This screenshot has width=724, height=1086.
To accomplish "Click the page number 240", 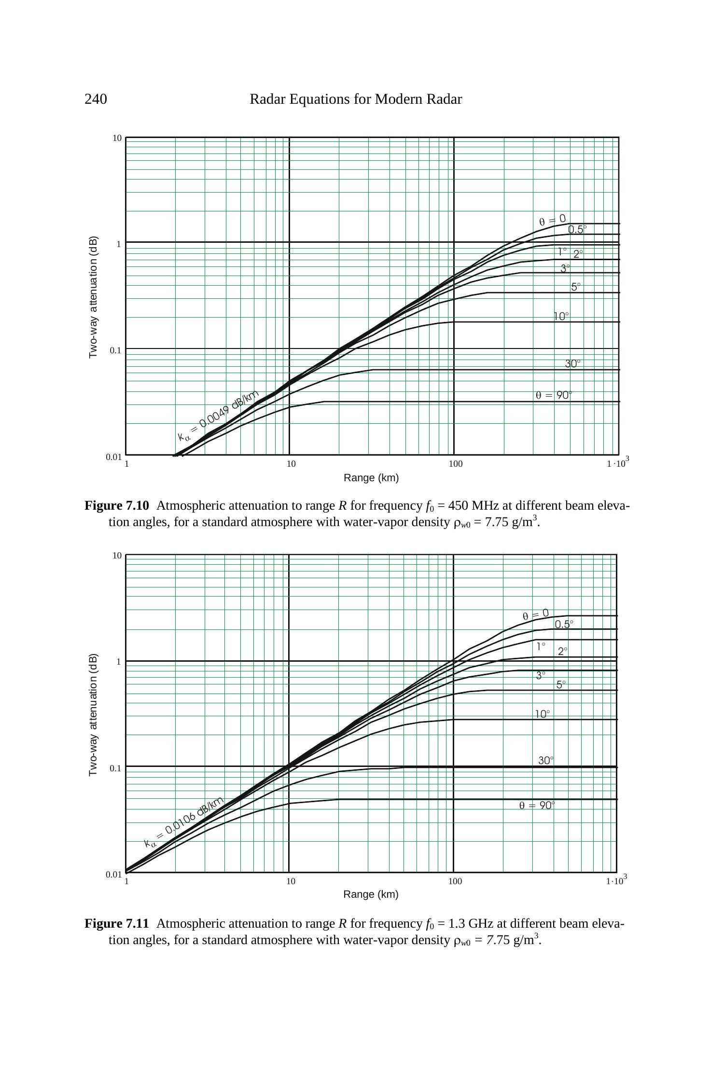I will click(x=96, y=99).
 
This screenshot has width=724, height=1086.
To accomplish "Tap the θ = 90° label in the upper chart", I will click(x=554, y=395).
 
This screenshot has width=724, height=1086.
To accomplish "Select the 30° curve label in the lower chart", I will click(x=546, y=760).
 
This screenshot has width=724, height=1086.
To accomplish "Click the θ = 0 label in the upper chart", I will click(x=552, y=220).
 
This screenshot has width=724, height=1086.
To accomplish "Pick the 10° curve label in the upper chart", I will click(x=561, y=317).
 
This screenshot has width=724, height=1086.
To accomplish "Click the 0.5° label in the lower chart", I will click(x=564, y=624).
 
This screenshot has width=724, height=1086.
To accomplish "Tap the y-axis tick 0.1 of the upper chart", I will click(x=115, y=350).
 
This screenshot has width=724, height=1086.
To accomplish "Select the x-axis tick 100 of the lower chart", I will click(x=455, y=881).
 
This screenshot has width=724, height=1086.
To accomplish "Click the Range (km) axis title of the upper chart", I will click(x=371, y=478).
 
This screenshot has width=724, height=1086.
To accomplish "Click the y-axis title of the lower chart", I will click(x=93, y=715).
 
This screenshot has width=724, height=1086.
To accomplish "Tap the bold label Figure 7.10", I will click(x=117, y=506).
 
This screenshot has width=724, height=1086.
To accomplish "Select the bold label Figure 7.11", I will click(x=117, y=923).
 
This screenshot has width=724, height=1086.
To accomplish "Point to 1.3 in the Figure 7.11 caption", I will click(x=457, y=923).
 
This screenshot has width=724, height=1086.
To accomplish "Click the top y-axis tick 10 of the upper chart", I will click(x=117, y=139).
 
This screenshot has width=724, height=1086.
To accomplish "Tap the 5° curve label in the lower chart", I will click(x=561, y=684).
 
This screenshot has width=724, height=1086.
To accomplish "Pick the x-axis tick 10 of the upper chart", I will click(x=291, y=464).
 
